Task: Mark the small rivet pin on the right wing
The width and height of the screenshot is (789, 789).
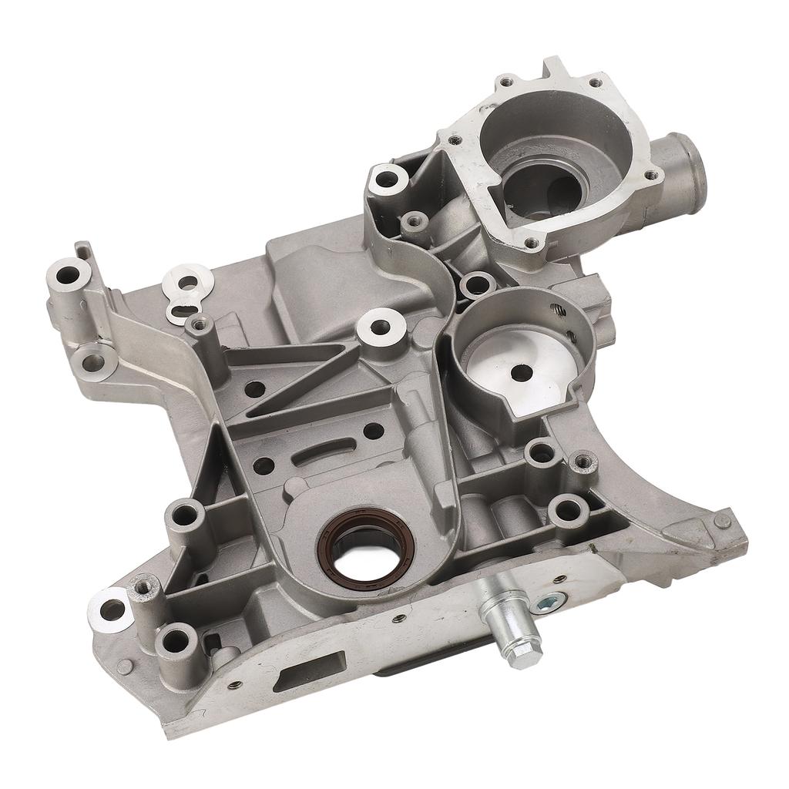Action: tap(720, 521)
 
